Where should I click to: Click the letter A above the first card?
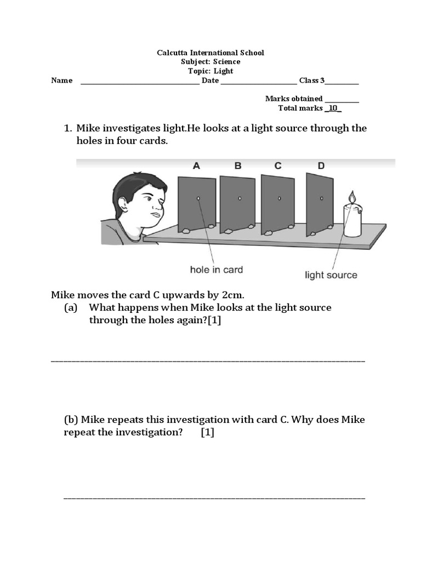(197, 165)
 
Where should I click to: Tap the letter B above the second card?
(238, 165)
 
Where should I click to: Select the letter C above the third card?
(278, 165)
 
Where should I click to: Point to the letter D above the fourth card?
(321, 165)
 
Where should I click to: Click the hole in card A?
(198, 198)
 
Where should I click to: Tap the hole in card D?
(322, 198)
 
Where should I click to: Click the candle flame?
(352, 197)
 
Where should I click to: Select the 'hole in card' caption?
(216, 270)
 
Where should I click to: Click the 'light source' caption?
(331, 275)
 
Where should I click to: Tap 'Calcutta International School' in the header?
(210, 53)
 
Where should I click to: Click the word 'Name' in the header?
(62, 81)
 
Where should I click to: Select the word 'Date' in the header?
(210, 81)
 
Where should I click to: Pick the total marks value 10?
(333, 108)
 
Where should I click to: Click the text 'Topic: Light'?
(210, 71)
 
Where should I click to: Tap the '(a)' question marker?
(70, 307)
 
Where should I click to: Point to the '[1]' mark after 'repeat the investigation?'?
(207, 432)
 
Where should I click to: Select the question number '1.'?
(69, 128)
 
